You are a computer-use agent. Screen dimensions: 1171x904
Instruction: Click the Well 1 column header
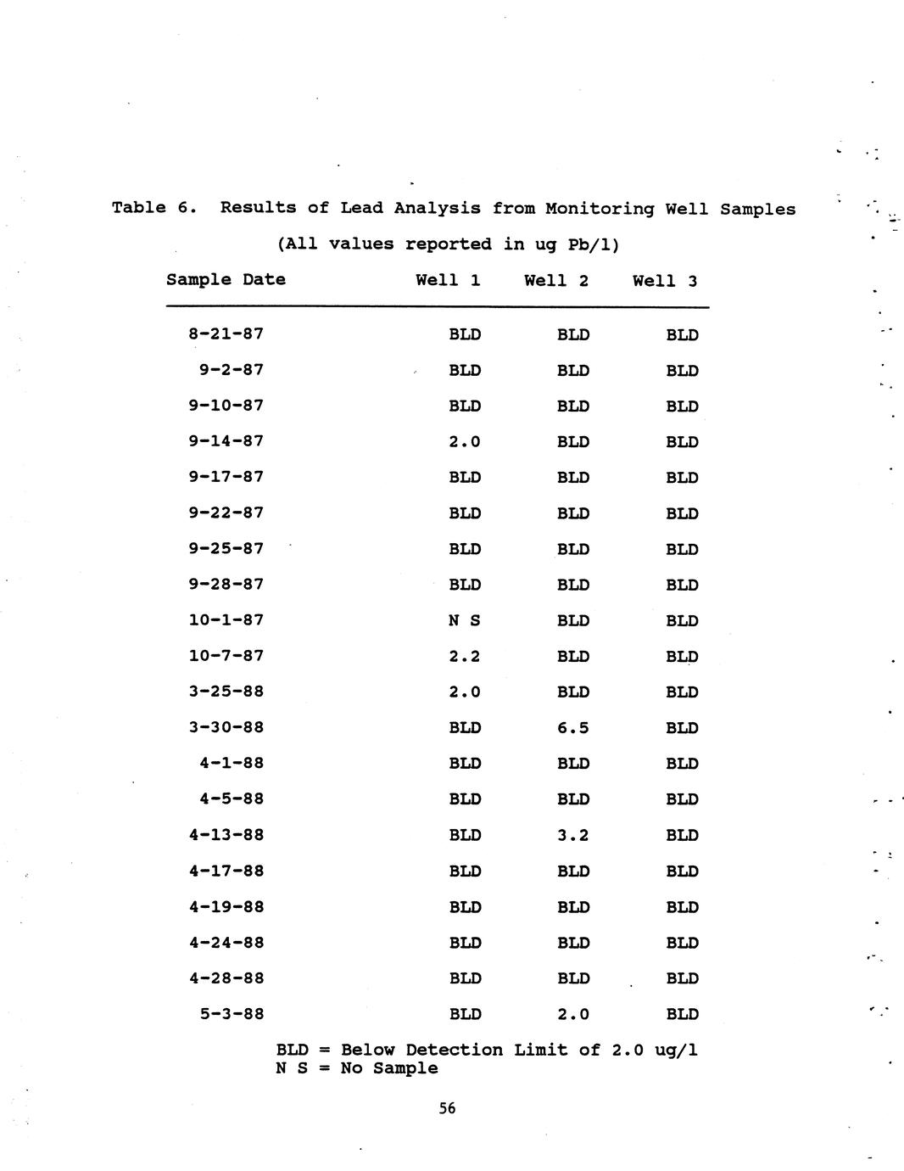(x=448, y=281)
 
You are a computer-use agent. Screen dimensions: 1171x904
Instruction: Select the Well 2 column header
(x=556, y=281)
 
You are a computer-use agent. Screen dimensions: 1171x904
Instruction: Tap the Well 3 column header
(x=665, y=281)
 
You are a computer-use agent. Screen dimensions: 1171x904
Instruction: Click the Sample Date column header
(x=226, y=280)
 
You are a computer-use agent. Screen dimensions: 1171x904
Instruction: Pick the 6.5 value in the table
(x=572, y=728)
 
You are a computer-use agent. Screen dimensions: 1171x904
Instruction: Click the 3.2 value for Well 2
(x=572, y=835)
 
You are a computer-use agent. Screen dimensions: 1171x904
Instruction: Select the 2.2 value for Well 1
(x=464, y=656)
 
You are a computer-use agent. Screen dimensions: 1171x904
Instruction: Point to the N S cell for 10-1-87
(x=464, y=620)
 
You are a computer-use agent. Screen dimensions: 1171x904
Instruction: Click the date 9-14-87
(x=226, y=441)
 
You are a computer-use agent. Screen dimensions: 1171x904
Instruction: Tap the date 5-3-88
(x=232, y=1014)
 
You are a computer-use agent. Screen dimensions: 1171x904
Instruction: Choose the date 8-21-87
(x=226, y=334)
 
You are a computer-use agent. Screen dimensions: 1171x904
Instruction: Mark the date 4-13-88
(x=226, y=835)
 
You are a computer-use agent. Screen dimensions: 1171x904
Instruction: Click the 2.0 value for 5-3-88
(x=572, y=1014)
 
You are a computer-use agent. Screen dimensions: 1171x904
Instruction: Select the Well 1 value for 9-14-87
(x=464, y=441)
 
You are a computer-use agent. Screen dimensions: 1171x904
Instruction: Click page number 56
(x=448, y=1108)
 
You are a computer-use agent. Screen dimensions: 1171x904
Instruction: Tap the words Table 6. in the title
(x=154, y=208)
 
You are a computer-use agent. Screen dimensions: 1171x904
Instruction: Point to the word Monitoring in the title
(x=600, y=209)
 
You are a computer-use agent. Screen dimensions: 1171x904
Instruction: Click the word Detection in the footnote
(x=455, y=1051)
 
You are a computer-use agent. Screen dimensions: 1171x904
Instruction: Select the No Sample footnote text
(x=389, y=1068)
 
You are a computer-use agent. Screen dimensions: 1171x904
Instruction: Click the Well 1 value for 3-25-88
(x=464, y=692)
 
